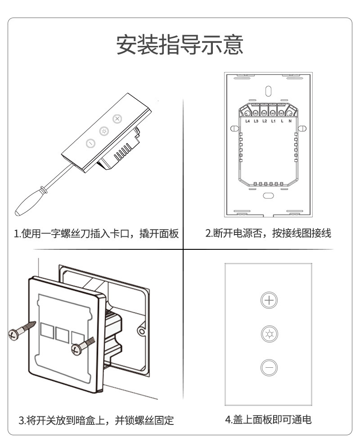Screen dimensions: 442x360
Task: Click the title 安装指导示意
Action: [180, 45]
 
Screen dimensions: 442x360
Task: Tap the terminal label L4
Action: [247, 121]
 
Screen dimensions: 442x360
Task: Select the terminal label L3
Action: [256, 121]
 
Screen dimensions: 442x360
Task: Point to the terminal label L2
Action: [265, 121]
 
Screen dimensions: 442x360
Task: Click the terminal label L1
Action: [273, 121]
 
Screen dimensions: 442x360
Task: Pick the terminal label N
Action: [290, 121]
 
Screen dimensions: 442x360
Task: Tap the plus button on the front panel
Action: [269, 300]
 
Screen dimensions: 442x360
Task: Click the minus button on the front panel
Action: [269, 368]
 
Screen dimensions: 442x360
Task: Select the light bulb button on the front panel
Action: [269, 334]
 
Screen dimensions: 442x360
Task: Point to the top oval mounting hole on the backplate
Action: [269, 90]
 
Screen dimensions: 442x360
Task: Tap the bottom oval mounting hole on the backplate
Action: [269, 196]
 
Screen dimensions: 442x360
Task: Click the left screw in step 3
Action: [22, 329]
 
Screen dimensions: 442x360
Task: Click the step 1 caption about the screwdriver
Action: [96, 234]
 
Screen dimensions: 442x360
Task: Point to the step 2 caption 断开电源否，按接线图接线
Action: [268, 233]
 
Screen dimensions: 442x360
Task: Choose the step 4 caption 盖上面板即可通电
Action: [268, 419]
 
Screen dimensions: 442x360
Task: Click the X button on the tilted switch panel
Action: [117, 119]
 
